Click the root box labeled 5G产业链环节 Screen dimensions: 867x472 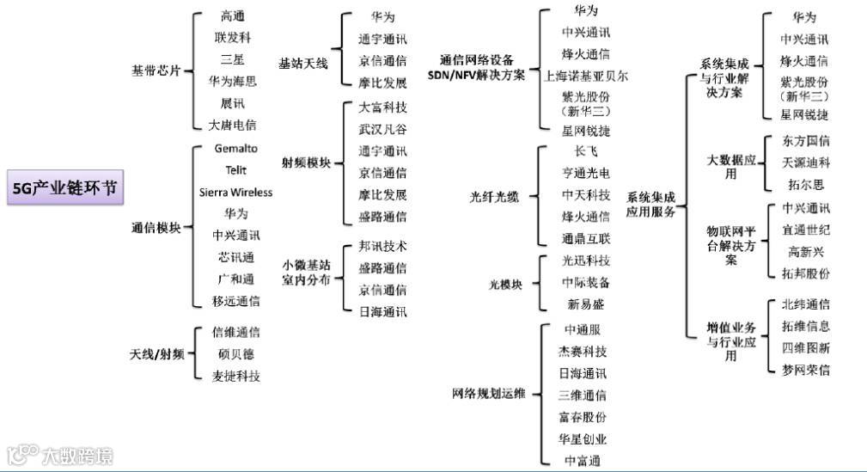[63, 188]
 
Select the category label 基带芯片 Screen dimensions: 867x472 [156, 70]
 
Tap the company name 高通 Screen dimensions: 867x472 [233, 15]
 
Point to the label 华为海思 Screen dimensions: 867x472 [233, 81]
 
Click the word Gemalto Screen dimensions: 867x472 [235, 149]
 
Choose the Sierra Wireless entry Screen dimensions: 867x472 [235, 192]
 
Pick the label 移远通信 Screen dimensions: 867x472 [235, 301]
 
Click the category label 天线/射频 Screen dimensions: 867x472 [156, 354]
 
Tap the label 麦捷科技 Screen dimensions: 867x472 [235, 376]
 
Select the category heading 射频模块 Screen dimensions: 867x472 [306, 162]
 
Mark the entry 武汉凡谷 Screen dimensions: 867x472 [382, 129]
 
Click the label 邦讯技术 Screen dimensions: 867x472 [382, 246]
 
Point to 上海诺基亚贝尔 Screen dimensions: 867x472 [586, 76]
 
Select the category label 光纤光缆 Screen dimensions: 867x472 [494, 196]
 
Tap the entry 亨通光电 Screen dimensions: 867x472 [586, 173]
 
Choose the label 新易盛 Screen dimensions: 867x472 [586, 303]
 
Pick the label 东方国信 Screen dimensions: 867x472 [805, 140]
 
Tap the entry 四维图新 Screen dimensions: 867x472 [805, 348]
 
